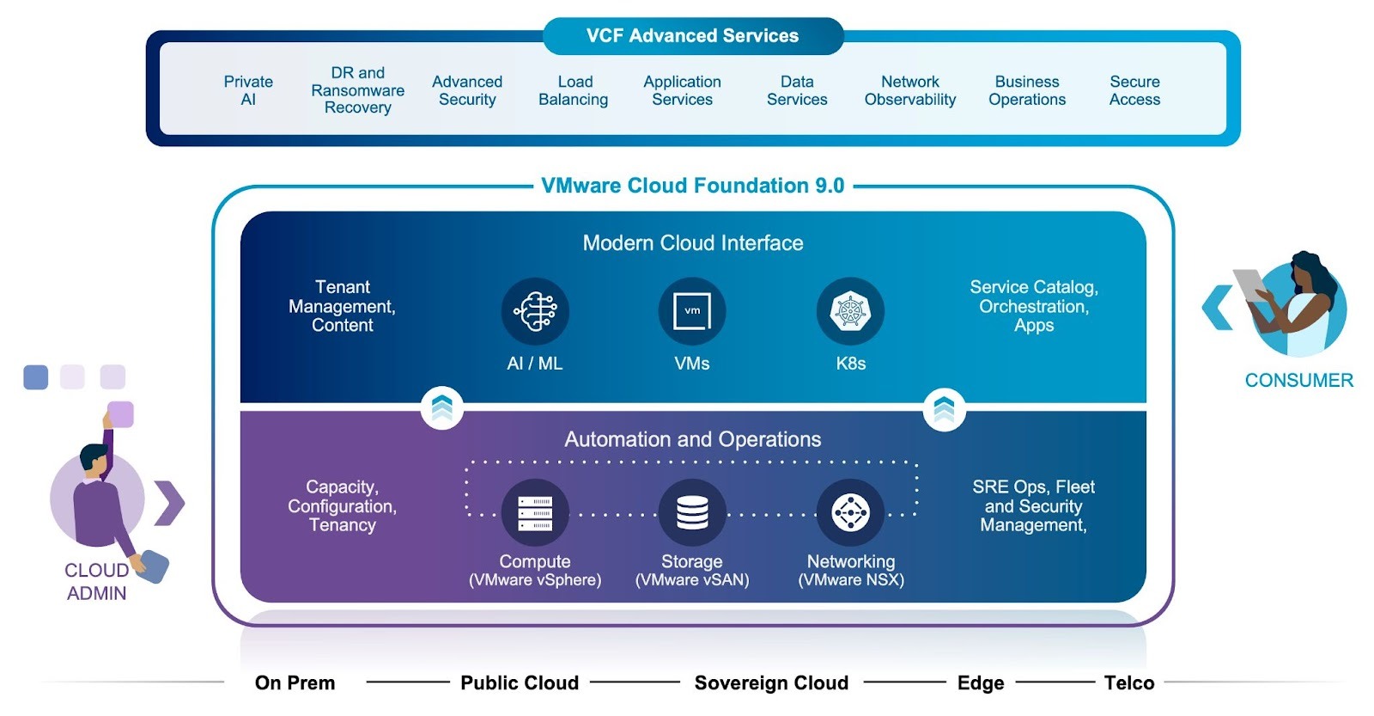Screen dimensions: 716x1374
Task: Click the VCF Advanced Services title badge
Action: (692, 36)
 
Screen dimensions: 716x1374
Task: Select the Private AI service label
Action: (248, 90)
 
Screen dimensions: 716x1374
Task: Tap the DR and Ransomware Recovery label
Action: (357, 90)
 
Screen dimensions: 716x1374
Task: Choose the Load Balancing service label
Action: (574, 90)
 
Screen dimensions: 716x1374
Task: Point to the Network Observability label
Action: (909, 90)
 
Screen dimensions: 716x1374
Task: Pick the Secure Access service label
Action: (1134, 90)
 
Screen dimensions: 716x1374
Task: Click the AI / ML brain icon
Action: (535, 311)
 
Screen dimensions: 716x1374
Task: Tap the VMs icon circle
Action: (692, 311)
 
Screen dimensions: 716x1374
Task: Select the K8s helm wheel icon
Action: (850, 311)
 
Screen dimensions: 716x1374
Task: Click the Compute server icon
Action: (535, 513)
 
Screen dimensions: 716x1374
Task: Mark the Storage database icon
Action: (692, 513)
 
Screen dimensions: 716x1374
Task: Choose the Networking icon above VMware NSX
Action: (850, 513)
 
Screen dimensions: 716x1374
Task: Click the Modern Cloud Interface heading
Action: (692, 243)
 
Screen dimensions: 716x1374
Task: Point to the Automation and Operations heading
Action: (692, 439)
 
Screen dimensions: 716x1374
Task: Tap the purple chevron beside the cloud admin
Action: (170, 504)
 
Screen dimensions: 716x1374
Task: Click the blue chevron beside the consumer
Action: (1217, 307)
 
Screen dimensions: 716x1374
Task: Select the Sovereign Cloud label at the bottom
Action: (771, 683)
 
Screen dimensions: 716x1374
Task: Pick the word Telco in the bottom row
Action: (1128, 683)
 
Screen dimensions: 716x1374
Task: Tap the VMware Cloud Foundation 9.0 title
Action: (692, 186)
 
